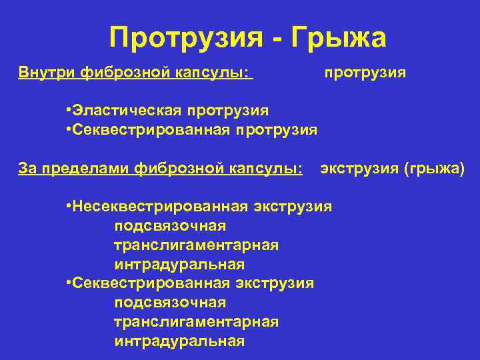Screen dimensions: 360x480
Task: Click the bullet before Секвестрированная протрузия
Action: coord(69,129)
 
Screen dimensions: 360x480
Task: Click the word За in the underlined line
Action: coord(27,168)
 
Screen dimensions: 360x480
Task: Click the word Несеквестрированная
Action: coord(159,206)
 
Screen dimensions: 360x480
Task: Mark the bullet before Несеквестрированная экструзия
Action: coord(69,206)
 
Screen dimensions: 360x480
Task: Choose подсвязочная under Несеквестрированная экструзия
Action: coord(170,226)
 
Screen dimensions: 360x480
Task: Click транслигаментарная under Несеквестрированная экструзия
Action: coord(196,245)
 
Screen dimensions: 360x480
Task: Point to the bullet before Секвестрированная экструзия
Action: coord(69,283)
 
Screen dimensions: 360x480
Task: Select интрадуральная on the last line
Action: coord(179,341)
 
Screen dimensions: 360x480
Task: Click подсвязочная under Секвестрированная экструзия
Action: coord(170,303)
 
